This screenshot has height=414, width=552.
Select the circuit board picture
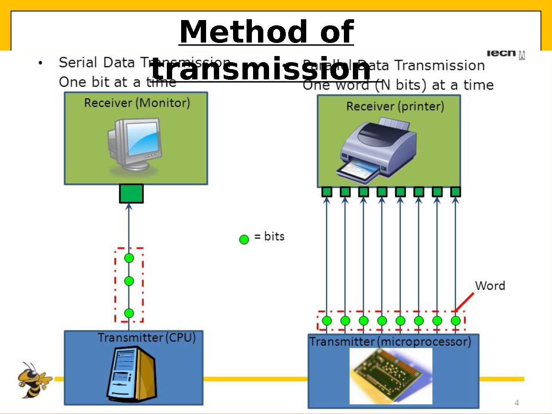390,376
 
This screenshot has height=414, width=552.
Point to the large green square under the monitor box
131,193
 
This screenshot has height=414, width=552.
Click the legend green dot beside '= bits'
244,239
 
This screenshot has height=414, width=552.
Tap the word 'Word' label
490,286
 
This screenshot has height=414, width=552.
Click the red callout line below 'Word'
465,302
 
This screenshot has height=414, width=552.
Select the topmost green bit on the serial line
129,258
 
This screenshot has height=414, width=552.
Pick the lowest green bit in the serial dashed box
129,313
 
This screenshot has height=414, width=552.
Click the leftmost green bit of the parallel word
327,320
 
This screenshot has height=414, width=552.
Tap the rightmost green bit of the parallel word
456,320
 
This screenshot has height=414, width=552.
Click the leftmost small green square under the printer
327,191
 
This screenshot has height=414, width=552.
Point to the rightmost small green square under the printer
456,191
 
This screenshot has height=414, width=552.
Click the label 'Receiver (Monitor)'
137,103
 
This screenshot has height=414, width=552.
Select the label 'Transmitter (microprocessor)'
390,341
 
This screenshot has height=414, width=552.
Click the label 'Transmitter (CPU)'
146,337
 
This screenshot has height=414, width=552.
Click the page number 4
517,403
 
